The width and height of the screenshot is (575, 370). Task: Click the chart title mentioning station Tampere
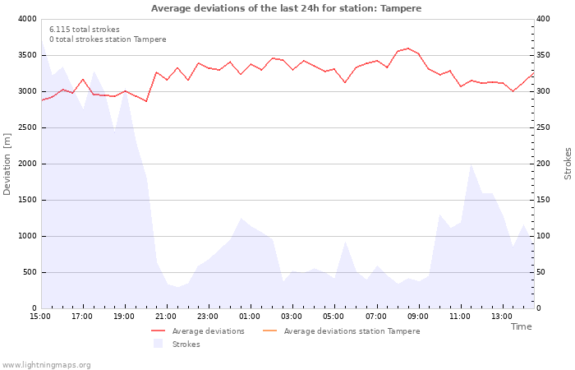coord(286,8)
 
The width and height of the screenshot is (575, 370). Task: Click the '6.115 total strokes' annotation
coord(84,30)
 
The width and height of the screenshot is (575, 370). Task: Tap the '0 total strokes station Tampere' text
coord(108,39)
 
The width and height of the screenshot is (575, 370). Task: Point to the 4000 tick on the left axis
coord(27,19)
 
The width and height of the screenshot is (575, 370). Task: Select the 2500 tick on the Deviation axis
coord(27,127)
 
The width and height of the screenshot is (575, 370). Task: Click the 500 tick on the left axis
coord(30,272)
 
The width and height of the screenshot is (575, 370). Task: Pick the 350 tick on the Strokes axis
coord(545,55)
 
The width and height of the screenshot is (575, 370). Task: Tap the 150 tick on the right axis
coord(545,200)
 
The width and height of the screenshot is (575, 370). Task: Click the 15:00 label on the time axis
coord(40,317)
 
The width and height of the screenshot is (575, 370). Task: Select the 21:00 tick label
coord(166,317)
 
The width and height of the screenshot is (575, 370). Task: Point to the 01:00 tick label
coord(250,317)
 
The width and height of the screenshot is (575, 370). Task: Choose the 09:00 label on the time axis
coord(418,317)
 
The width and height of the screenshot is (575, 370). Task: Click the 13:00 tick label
coord(502,317)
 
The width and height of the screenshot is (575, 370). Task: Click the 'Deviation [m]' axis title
coord(8,164)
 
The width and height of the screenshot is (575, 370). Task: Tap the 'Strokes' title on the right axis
coord(568,164)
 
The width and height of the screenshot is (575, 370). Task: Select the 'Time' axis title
coord(521,326)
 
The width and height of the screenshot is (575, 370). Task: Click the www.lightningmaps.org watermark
coord(47,365)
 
